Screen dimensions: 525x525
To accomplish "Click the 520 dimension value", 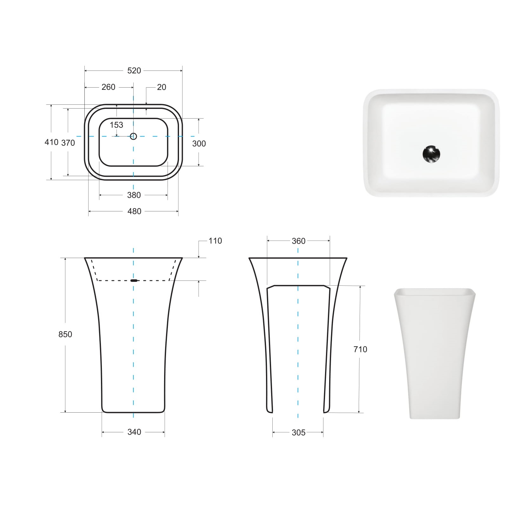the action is pos(134,70).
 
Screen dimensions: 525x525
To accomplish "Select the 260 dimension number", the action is pos(108,87).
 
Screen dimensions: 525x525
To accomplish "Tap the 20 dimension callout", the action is pos(162,87).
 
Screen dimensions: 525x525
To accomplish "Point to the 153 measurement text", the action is pos(116,125).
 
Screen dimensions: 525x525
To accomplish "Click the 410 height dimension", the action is pos(51,142).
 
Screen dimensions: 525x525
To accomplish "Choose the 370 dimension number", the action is pos(68,143).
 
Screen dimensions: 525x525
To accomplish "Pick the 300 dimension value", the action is pos(199,143).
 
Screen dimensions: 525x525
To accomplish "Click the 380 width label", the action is pos(134,195).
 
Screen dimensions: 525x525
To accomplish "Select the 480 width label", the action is pos(134,211).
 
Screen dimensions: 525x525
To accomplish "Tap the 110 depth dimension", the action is pos(215,241).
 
